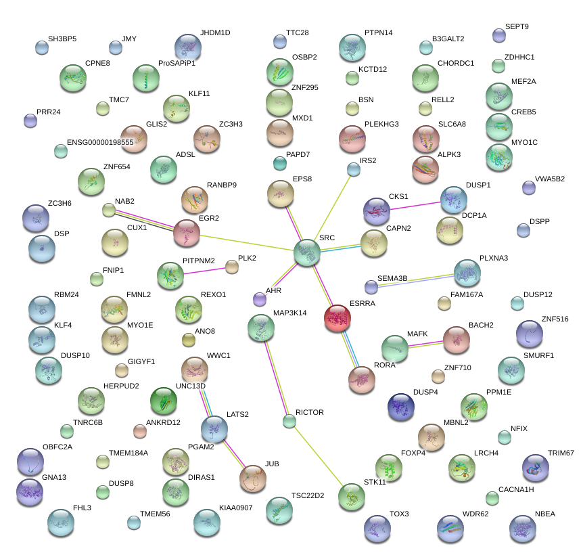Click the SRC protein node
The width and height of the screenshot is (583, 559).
307,252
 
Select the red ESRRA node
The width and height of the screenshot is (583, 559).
337,318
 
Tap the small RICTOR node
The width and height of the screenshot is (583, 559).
289,422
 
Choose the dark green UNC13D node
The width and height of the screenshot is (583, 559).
163,401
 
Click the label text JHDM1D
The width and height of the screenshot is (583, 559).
215,32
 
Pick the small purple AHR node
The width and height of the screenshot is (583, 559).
260,298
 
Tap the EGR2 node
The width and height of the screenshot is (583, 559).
187,233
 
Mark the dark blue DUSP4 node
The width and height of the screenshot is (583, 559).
400,406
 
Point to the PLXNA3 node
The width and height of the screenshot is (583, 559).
467,273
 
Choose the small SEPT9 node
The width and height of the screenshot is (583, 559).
499,35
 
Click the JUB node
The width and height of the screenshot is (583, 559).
252,478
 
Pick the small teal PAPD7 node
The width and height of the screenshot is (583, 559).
280,163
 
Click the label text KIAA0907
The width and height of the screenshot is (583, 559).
236,508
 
